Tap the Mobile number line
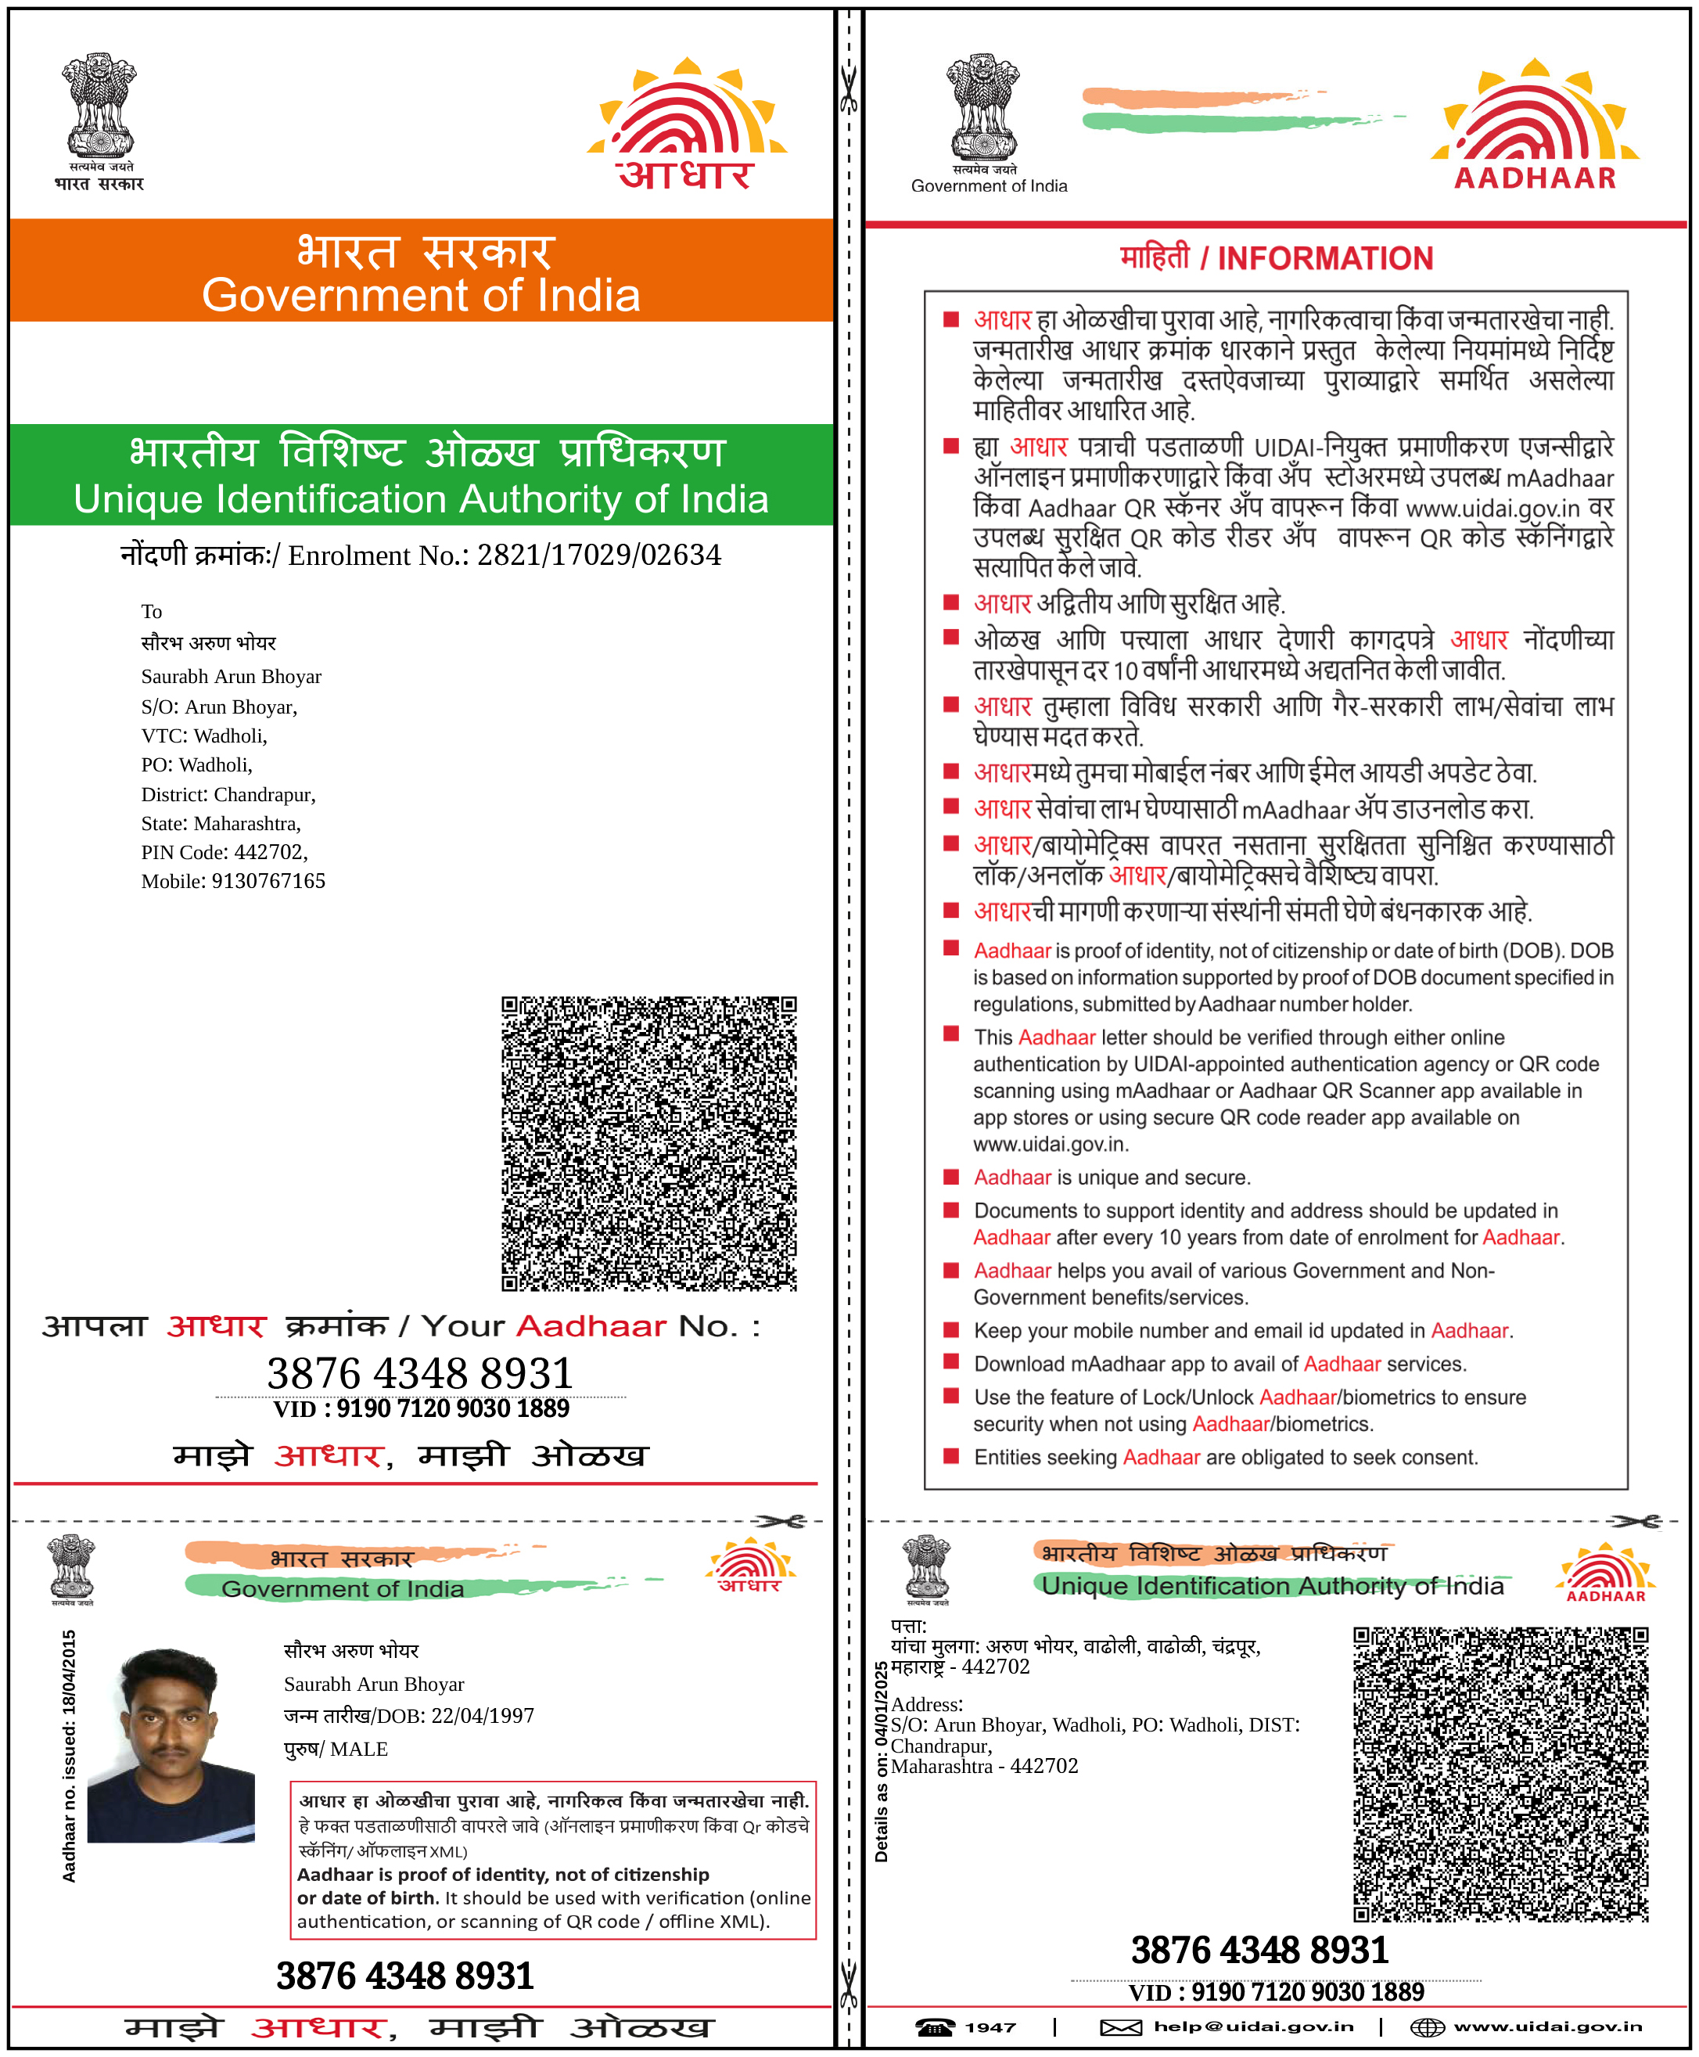point(233,881)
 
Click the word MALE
point(359,1749)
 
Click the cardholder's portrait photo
point(171,1745)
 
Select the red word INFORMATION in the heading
point(1324,258)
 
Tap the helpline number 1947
point(990,2026)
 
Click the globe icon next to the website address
point(1426,2026)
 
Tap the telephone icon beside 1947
point(935,2026)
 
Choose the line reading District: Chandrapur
point(228,794)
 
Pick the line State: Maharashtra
point(221,823)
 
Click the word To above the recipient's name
point(151,612)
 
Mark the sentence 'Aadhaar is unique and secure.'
point(1112,1177)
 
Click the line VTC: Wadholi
point(203,735)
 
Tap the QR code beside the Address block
point(1500,1774)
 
